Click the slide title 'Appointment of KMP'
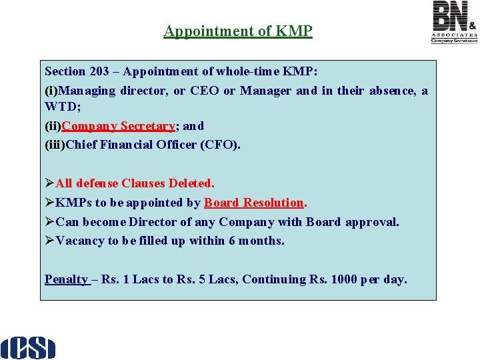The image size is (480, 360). click(238, 31)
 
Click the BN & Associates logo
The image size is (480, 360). click(454, 22)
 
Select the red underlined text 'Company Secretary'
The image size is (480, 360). click(118, 125)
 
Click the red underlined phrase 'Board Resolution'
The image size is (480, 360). click(253, 202)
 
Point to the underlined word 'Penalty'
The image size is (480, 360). click(66, 279)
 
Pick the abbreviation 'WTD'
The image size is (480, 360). click(61, 107)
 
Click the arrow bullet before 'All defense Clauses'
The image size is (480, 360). click(49, 183)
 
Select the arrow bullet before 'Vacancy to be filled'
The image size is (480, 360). click(49, 241)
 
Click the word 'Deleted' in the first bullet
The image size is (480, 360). click(191, 183)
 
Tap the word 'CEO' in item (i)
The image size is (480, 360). click(205, 91)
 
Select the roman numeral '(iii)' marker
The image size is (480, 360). click(55, 145)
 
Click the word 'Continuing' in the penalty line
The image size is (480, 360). click(273, 279)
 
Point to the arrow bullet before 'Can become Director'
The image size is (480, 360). click(49, 221)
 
